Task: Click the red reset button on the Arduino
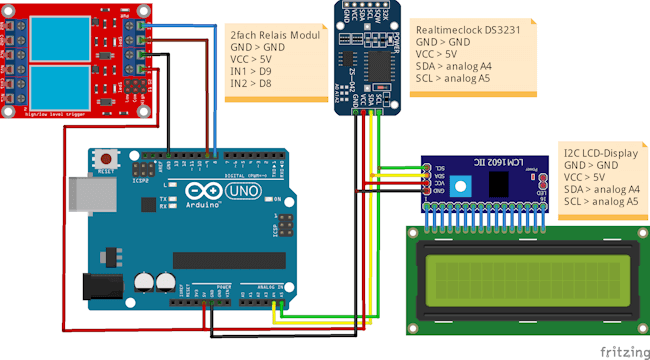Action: pyautogui.click(x=106, y=160)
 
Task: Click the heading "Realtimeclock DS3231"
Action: pyautogui.click(x=468, y=31)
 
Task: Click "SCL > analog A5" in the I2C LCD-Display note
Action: pyautogui.click(x=601, y=201)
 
